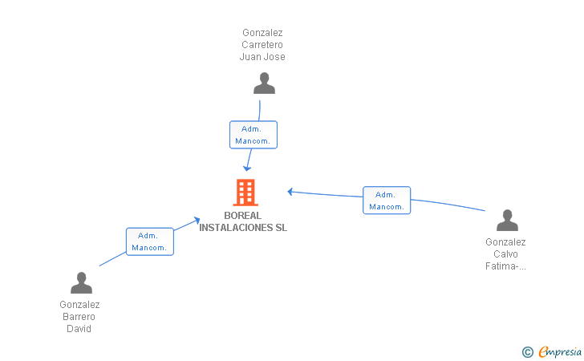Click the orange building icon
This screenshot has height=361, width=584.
(245, 193)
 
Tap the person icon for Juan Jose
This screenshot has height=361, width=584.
(264, 83)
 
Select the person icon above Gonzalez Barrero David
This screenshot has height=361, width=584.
(81, 282)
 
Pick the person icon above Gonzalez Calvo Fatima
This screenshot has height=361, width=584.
(507, 220)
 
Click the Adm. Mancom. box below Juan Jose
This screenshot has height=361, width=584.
(253, 135)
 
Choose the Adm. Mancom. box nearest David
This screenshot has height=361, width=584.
(150, 241)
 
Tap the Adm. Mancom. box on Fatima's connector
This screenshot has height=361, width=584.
(387, 201)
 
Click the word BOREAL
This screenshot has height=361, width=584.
(242, 216)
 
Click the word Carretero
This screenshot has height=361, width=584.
(262, 45)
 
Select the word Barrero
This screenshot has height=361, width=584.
(79, 317)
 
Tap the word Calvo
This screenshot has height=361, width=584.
(505, 254)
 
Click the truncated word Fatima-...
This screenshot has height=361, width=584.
(505, 266)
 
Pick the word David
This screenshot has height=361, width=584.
(79, 329)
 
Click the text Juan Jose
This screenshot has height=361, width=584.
(262, 57)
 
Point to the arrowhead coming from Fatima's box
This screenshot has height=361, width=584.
(290, 192)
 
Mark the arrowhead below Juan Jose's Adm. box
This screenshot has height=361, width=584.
(246, 168)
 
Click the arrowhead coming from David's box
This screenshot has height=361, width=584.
(197, 220)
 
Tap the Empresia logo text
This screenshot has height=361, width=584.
(560, 351)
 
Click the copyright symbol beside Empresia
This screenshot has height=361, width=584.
(527, 352)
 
